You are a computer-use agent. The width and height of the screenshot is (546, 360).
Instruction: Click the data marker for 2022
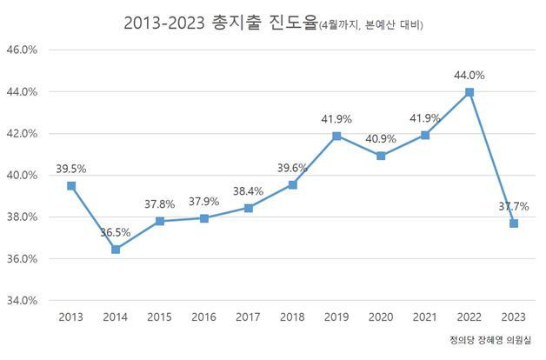469,92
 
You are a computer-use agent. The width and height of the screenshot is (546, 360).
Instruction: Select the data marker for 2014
115,250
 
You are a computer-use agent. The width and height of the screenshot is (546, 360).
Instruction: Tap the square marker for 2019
336,136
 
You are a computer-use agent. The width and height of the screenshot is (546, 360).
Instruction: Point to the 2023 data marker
513,223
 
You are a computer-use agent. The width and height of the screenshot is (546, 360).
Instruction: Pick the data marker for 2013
71,186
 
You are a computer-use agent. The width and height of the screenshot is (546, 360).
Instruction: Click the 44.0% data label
469,76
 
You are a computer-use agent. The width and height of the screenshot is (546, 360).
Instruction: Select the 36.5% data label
115,233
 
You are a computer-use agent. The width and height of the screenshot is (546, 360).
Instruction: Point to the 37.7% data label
513,207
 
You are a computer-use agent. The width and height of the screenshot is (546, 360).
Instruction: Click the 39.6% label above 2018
292,168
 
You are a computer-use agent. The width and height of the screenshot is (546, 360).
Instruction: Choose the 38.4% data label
248,190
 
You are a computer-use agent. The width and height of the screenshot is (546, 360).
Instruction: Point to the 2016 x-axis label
203,317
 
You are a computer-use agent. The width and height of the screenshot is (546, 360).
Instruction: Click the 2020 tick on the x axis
381,317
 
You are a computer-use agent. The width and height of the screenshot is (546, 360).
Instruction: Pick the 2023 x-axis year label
513,317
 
